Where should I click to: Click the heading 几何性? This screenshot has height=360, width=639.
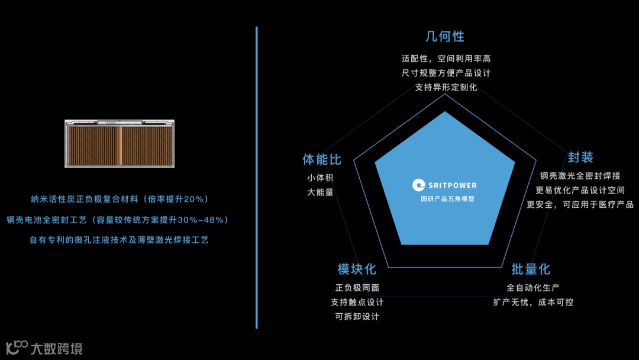click(445, 36)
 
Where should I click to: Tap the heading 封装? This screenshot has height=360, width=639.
click(580, 157)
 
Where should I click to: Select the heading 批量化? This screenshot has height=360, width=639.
click(531, 269)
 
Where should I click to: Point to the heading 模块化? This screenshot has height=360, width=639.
click(357, 269)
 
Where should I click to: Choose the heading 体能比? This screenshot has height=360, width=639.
click(322, 160)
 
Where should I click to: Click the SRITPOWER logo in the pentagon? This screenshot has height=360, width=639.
click(444, 185)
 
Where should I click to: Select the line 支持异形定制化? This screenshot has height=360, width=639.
click(446, 87)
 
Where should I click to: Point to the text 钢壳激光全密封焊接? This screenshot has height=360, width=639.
click(580, 176)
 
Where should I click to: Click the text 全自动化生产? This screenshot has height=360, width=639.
click(533, 288)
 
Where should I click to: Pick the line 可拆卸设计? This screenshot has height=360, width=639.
click(357, 316)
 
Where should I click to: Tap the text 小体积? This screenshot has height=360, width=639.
click(320, 178)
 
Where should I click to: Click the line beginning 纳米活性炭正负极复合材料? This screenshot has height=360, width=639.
click(120, 199)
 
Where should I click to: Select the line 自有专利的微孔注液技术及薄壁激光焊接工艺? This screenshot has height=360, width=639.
click(119, 240)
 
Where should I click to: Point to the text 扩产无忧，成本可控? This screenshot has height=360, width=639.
click(533, 302)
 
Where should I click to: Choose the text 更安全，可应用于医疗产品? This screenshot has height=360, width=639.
click(580, 204)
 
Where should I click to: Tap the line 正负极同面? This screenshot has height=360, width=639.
click(357, 288)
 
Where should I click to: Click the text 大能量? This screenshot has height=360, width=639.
click(320, 192)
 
